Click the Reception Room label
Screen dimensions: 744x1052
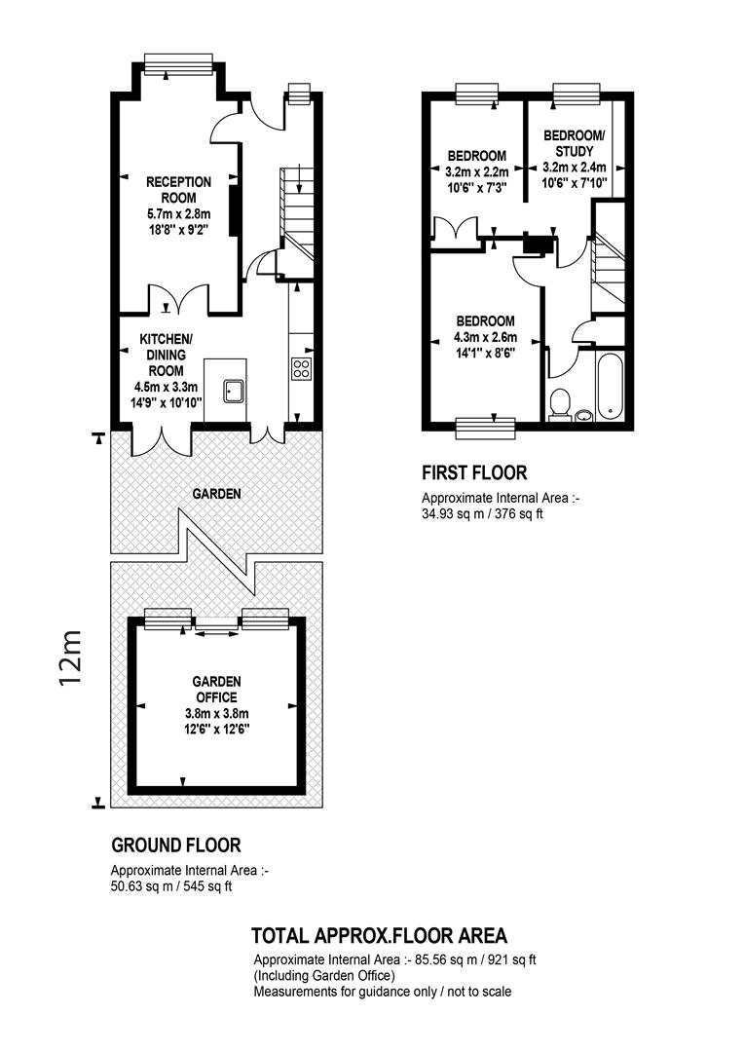click(178, 190)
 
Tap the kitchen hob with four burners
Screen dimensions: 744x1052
click(301, 368)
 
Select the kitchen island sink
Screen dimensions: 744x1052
click(234, 390)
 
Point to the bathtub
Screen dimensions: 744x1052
click(611, 386)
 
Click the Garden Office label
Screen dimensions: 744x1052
click(217, 689)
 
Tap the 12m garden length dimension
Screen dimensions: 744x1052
click(70, 657)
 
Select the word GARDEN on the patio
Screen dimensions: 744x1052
click(217, 494)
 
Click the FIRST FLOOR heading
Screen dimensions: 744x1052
click(474, 473)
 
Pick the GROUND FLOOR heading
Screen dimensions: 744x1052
click(176, 845)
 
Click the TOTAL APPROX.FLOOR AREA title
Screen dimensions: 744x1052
click(379, 935)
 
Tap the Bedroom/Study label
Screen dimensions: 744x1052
click(575, 143)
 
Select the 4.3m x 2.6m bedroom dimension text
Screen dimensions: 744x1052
click(486, 337)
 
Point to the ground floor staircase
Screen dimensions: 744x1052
click(295, 214)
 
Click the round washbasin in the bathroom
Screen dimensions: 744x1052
click(584, 415)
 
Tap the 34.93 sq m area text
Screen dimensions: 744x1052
click(482, 515)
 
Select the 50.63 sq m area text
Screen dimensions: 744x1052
click(171, 886)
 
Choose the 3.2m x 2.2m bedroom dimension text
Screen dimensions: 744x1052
click(477, 172)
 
